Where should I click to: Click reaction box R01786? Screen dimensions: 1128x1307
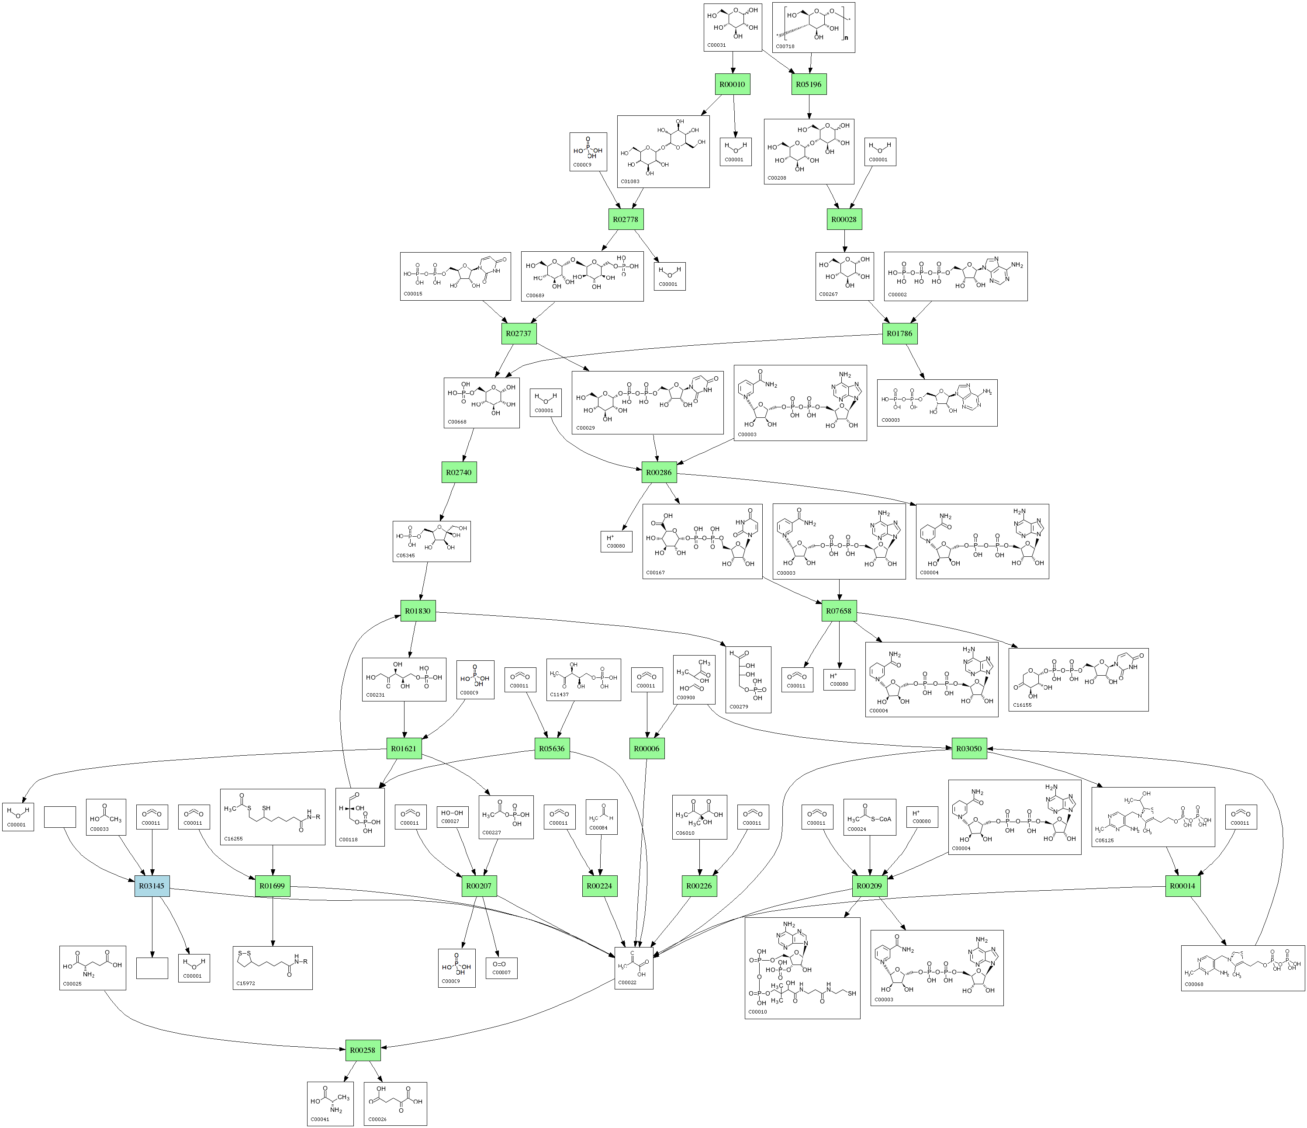899,333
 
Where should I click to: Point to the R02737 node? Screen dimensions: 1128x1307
519,333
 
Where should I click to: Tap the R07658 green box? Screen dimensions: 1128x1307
839,611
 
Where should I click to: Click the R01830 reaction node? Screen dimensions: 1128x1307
418,611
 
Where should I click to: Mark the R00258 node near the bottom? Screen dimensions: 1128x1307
363,1050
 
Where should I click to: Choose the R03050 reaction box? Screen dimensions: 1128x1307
969,749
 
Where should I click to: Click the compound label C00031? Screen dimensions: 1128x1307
716,45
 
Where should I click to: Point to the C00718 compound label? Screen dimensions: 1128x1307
785,47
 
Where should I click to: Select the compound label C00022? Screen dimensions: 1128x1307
627,983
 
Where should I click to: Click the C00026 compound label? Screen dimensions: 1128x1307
377,1119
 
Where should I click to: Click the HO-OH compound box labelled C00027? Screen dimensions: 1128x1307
452,817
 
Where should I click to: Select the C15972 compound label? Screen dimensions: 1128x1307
246,983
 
